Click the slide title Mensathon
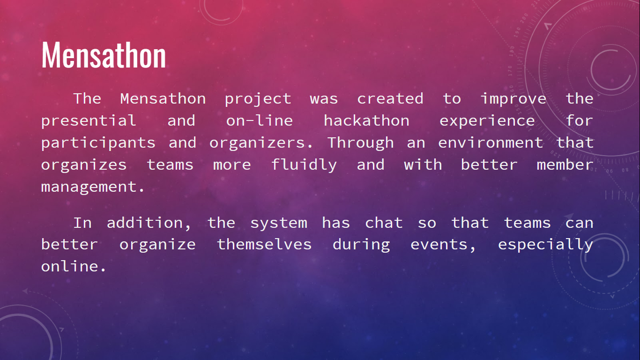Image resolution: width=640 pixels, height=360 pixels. pyautogui.click(x=104, y=55)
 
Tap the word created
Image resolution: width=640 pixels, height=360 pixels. pyautogui.click(x=390, y=99)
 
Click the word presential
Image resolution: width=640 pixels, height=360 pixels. pyautogui.click(x=89, y=121)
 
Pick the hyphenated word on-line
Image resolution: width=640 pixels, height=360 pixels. pyautogui.click(x=260, y=120)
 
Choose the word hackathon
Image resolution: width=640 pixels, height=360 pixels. pyautogui.click(x=366, y=120)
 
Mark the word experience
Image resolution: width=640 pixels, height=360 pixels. pyautogui.click(x=487, y=121)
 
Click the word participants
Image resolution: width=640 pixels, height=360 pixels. pyautogui.click(x=98, y=143)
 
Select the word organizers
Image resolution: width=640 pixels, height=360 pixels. pyautogui.click(x=261, y=143)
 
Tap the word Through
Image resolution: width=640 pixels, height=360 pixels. pyautogui.click(x=360, y=143)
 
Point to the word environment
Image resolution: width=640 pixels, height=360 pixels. pyautogui.click(x=491, y=142)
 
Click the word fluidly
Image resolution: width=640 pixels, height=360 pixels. pyautogui.click(x=304, y=165)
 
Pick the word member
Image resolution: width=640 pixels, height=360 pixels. pyautogui.click(x=565, y=165)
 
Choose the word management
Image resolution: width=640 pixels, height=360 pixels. pyautogui.click(x=93, y=187)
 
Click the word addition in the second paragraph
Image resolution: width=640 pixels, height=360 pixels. pyautogui.click(x=149, y=223)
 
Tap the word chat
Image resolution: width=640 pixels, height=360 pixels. pyautogui.click(x=384, y=223)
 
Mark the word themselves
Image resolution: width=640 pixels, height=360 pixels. pyautogui.click(x=264, y=244)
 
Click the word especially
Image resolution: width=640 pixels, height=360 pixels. pyautogui.click(x=545, y=245)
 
